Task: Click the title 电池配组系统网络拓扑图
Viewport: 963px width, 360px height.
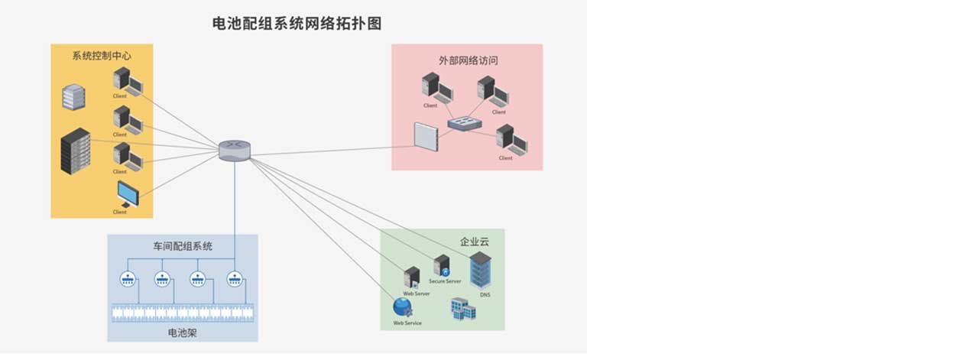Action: coord(297,24)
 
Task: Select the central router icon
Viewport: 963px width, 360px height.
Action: coord(234,150)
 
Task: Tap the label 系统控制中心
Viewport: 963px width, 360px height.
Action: coord(102,56)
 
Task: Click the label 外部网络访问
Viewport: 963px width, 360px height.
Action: coord(468,60)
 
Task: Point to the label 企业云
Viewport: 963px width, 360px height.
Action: coord(474,242)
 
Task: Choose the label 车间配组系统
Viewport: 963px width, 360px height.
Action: coord(183,246)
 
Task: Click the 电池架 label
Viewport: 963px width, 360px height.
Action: coord(183,333)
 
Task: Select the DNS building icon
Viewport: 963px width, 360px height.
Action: coord(481,270)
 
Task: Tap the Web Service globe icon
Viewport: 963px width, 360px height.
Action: coord(403,307)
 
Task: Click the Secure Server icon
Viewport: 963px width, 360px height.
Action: coord(442,266)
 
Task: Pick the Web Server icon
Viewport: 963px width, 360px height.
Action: coord(413,277)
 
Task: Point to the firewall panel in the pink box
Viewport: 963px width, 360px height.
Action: coord(426,137)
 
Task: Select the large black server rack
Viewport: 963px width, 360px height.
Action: coord(76,151)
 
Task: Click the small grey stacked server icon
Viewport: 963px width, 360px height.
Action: coord(73,97)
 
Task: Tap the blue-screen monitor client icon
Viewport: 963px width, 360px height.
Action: coord(128,194)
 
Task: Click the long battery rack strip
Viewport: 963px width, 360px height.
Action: coord(183,312)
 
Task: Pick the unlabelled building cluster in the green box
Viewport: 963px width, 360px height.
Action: coord(463,309)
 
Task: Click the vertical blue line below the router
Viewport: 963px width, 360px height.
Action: coord(235,199)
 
